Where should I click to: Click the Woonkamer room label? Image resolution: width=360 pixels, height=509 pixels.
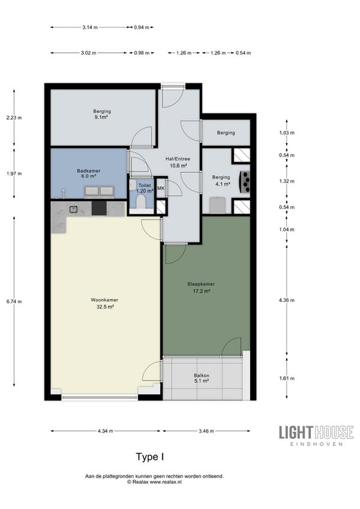104,303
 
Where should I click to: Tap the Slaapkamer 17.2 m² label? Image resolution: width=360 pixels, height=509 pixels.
201,288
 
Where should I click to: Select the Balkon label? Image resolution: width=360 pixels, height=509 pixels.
201,378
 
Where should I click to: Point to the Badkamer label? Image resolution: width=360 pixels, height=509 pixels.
89,173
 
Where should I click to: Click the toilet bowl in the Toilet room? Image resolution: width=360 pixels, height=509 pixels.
141,202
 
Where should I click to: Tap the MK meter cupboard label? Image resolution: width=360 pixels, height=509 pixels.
161,188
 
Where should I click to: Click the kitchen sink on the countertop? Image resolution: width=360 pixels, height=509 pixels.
73,209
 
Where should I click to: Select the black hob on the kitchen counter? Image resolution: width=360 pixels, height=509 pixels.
99,208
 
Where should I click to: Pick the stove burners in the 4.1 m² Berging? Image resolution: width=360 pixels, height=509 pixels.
245,182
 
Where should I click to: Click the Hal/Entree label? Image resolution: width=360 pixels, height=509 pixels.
178,162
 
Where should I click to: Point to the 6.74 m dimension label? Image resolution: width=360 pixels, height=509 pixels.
14,301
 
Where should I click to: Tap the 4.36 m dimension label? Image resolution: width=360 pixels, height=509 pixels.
287,300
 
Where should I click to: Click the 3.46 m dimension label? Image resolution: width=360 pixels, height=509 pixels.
206,431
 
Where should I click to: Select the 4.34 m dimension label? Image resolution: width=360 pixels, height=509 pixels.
105,431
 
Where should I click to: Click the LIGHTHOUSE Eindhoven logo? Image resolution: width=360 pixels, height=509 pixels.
316,435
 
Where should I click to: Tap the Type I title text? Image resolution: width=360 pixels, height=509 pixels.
150,457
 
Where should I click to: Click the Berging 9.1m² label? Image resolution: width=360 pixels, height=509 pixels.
102,114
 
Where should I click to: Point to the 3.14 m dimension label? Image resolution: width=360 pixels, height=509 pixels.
90,27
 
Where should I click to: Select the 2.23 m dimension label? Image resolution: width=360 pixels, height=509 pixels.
14,118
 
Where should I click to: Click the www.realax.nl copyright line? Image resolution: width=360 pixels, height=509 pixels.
154,482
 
